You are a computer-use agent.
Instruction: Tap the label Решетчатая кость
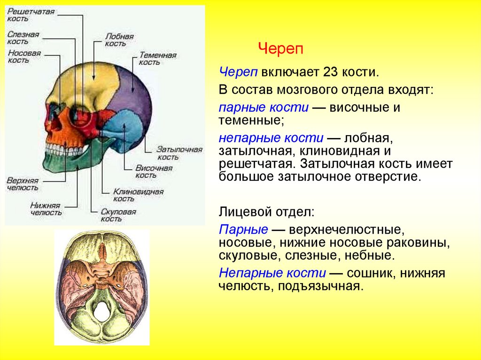coord(24,15)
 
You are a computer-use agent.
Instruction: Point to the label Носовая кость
coord(24,57)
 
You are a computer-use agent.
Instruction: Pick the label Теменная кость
coord(157,59)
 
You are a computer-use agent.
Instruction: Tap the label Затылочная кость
coord(179,153)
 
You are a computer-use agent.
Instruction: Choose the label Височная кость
coord(154,171)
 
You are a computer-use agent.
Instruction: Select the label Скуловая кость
coord(118,215)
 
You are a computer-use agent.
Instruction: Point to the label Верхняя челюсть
coord(23,184)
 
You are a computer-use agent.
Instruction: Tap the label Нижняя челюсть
coord(46,209)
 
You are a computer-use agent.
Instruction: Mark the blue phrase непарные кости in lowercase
coord(271,138)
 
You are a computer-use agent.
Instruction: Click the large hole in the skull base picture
coord(102,311)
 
